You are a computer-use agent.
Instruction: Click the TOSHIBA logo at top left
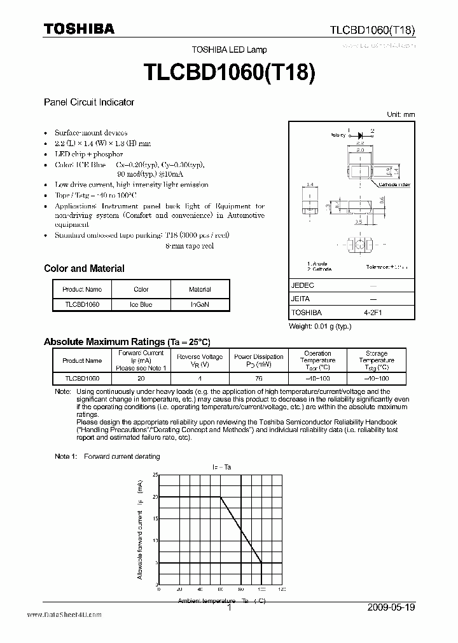pyautogui.click(x=79, y=28)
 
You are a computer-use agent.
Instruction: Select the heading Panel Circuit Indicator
pyautogui.click(x=88, y=102)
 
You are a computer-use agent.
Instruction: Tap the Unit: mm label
pyautogui.click(x=401, y=114)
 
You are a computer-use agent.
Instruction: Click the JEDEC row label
pyautogui.click(x=303, y=286)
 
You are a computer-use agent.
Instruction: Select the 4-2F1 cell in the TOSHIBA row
pyautogui.click(x=373, y=313)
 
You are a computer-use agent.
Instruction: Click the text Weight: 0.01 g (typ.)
pyautogui.click(x=320, y=326)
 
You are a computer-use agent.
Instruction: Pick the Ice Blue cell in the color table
pyautogui.click(x=141, y=304)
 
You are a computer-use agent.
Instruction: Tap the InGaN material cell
pyautogui.click(x=200, y=304)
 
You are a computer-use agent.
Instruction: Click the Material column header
pyautogui.click(x=200, y=290)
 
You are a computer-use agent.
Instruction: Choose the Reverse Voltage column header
pyautogui.click(x=199, y=360)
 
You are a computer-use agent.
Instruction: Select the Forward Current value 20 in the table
pyautogui.click(x=141, y=378)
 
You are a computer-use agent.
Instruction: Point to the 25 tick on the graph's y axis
pyautogui.click(x=155, y=475)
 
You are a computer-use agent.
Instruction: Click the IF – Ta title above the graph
pyautogui.click(x=221, y=467)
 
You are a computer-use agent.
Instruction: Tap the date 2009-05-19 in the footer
pyautogui.click(x=391, y=607)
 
